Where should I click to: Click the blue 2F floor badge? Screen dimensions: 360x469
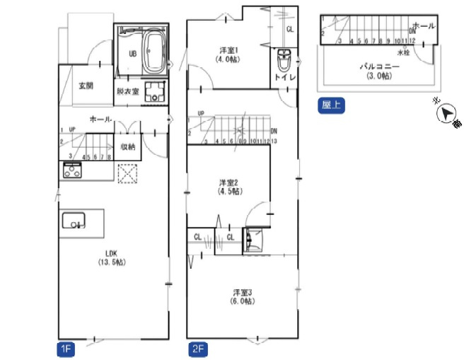click(x=197, y=349)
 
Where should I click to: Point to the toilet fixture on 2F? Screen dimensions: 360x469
click(x=284, y=57)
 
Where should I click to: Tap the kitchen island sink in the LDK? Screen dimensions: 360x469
click(x=74, y=222)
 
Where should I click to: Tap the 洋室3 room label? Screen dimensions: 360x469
click(x=243, y=296)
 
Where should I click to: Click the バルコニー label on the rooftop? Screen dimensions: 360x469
click(x=379, y=70)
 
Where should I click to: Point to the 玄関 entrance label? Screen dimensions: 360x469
click(x=86, y=86)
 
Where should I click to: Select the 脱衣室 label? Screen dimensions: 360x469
click(x=127, y=91)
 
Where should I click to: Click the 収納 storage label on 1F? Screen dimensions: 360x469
click(x=128, y=146)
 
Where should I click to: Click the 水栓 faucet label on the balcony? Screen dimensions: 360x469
click(x=403, y=53)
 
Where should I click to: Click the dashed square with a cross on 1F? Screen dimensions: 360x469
click(x=127, y=174)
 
